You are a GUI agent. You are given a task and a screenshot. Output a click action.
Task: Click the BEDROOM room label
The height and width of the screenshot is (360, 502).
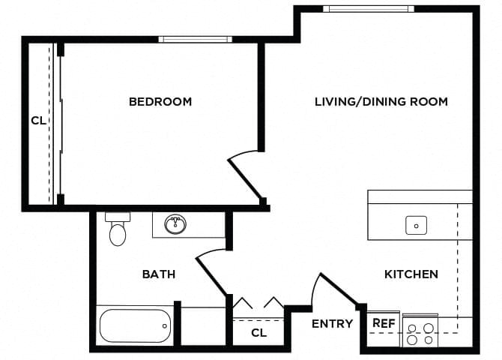160,101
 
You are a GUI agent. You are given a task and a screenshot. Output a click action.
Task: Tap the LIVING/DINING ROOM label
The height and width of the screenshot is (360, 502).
381,101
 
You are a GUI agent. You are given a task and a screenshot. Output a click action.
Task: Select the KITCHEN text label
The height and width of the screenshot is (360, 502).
411,274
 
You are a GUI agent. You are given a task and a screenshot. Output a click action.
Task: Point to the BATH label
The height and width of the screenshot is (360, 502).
159,274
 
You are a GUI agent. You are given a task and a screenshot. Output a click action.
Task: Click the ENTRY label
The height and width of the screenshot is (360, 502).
332,324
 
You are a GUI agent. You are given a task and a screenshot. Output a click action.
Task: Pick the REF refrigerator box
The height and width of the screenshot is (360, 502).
384,323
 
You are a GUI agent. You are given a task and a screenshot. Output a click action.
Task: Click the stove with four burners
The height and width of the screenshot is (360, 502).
420,332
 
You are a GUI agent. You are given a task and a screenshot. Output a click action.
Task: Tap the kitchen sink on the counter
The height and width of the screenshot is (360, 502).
416,224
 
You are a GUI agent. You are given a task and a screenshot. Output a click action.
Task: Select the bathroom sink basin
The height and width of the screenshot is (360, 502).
176,223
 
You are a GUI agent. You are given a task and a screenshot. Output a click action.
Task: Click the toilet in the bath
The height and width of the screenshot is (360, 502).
118,231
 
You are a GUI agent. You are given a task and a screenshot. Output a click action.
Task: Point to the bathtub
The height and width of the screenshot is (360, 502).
135,325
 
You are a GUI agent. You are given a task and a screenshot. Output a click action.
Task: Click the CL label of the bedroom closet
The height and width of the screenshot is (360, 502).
38,119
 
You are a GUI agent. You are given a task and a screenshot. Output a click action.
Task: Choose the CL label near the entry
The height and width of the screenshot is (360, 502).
258,332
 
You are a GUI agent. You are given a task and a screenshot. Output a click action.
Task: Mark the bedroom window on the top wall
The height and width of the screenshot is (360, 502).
194,39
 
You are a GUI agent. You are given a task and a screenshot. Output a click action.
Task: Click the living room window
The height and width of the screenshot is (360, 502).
368,9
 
